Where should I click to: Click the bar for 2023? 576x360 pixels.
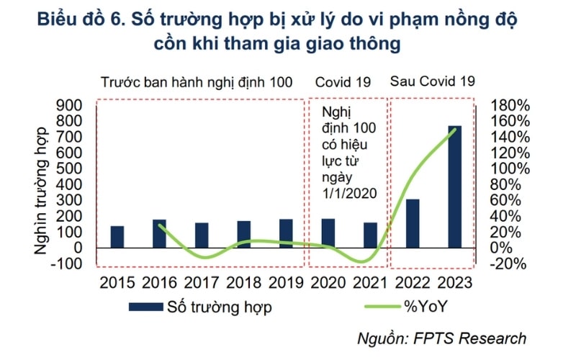[454, 186]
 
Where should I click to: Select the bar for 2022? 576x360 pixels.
[413, 223]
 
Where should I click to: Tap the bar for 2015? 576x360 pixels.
[117, 237]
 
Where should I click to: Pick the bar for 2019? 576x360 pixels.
[286, 233]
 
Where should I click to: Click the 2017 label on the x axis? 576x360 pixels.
[201, 282]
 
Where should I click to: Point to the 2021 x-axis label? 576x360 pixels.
[370, 282]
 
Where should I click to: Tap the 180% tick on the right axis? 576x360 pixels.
[510, 105]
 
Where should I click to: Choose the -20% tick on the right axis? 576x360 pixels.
[510, 264]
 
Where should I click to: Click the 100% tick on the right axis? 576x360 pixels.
[510, 168]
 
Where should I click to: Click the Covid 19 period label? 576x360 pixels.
[343, 82]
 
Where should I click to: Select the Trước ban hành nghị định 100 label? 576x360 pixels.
[197, 82]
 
